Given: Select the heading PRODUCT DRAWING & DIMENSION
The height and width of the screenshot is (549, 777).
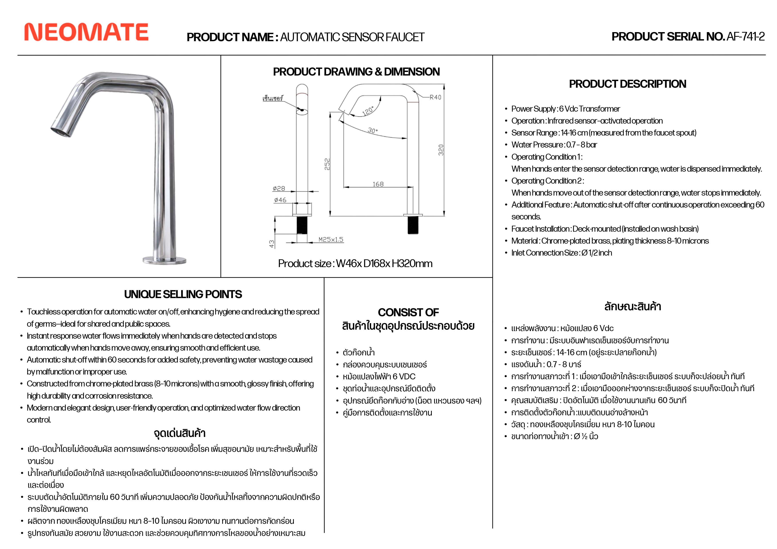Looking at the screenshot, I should click(356, 72).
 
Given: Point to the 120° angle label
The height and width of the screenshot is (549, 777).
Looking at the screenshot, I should click(368, 111).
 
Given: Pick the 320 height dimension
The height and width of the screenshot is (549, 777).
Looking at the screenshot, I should click(441, 150).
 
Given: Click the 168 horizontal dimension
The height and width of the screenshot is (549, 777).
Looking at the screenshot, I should click(378, 184).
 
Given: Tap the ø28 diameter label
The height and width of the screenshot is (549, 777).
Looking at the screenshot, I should click(279, 188).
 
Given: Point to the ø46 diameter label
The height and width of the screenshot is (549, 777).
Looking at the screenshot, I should click(280, 200).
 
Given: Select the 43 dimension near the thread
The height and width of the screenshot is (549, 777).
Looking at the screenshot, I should click(271, 244).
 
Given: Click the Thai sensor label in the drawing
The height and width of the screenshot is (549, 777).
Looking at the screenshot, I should click(272, 99).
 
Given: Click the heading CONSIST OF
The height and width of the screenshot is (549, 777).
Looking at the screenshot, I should click(408, 312).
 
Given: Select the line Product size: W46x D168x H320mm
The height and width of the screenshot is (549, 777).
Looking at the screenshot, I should click(355, 263).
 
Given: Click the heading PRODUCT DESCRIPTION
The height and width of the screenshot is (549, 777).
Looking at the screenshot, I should click(627, 84).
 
